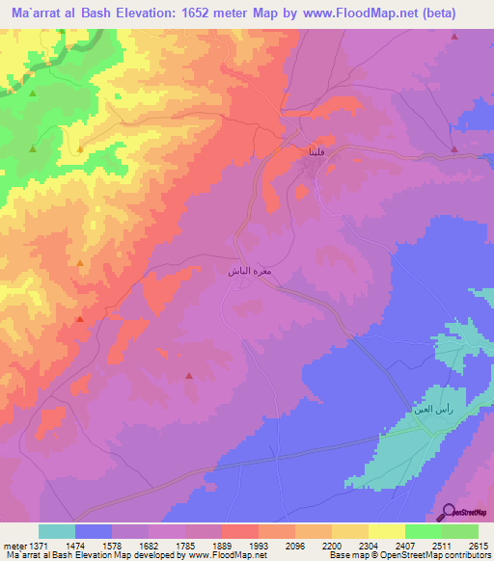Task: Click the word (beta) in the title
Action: point(457,13)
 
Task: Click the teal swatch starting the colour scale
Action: point(57,531)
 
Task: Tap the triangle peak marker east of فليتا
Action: point(453,148)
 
